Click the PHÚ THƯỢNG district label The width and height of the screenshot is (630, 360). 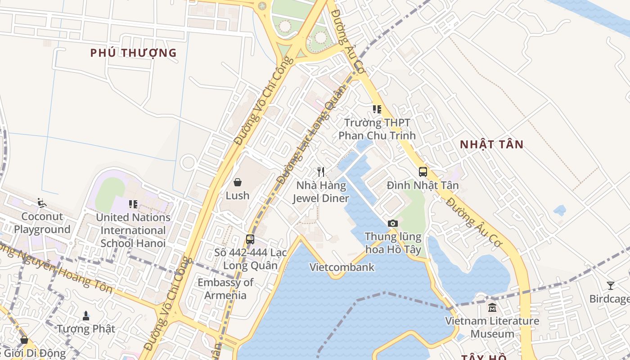(133, 53)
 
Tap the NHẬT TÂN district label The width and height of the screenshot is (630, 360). (491, 144)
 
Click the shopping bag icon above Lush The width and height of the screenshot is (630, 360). (238, 182)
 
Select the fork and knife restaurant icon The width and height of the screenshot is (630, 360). (321, 171)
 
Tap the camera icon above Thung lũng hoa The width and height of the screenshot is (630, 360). (393, 223)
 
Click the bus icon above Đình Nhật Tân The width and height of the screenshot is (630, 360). (423, 171)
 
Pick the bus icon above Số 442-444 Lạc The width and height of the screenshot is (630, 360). (250, 239)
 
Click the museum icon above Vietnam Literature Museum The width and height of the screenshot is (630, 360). (492, 308)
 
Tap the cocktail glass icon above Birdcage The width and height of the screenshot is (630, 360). (611, 285)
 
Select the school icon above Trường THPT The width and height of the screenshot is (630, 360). (377, 109)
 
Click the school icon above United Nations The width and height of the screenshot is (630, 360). (133, 204)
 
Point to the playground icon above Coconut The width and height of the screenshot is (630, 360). (42, 203)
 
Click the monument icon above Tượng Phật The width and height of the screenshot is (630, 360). (86, 316)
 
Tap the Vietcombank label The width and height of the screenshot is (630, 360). (342, 267)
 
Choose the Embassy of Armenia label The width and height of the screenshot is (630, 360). (225, 289)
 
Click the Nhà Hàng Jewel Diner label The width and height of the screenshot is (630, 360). (321, 192)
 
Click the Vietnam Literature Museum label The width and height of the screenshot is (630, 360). (492, 328)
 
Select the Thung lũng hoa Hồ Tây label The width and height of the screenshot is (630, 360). (393, 243)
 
